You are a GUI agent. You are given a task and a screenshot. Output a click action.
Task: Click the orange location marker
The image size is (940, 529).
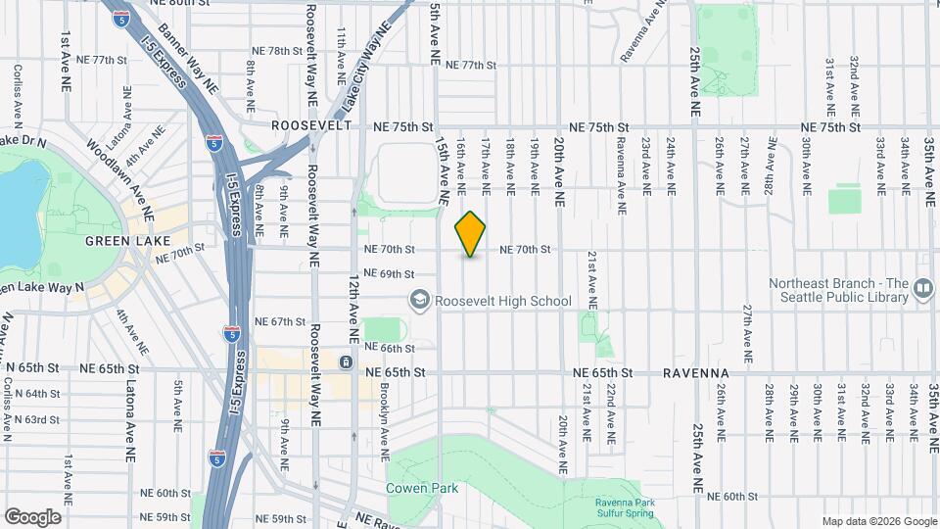click(x=471, y=233)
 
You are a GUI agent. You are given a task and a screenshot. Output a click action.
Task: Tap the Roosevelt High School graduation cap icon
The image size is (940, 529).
click(x=419, y=300)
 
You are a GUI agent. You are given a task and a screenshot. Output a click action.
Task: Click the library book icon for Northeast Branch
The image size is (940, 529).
click(x=921, y=289)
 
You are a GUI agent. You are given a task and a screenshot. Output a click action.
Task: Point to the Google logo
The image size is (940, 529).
click(x=32, y=516)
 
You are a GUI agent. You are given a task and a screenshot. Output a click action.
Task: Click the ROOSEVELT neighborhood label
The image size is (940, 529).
click(x=311, y=126)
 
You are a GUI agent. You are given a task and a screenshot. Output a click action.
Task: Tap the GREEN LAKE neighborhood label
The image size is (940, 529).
click(x=128, y=240)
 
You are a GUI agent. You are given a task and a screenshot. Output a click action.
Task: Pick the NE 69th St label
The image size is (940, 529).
click(x=390, y=273)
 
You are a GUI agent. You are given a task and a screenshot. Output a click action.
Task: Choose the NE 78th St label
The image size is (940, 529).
click(x=279, y=51)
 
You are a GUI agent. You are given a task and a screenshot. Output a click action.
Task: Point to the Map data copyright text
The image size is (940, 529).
click(x=878, y=521)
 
